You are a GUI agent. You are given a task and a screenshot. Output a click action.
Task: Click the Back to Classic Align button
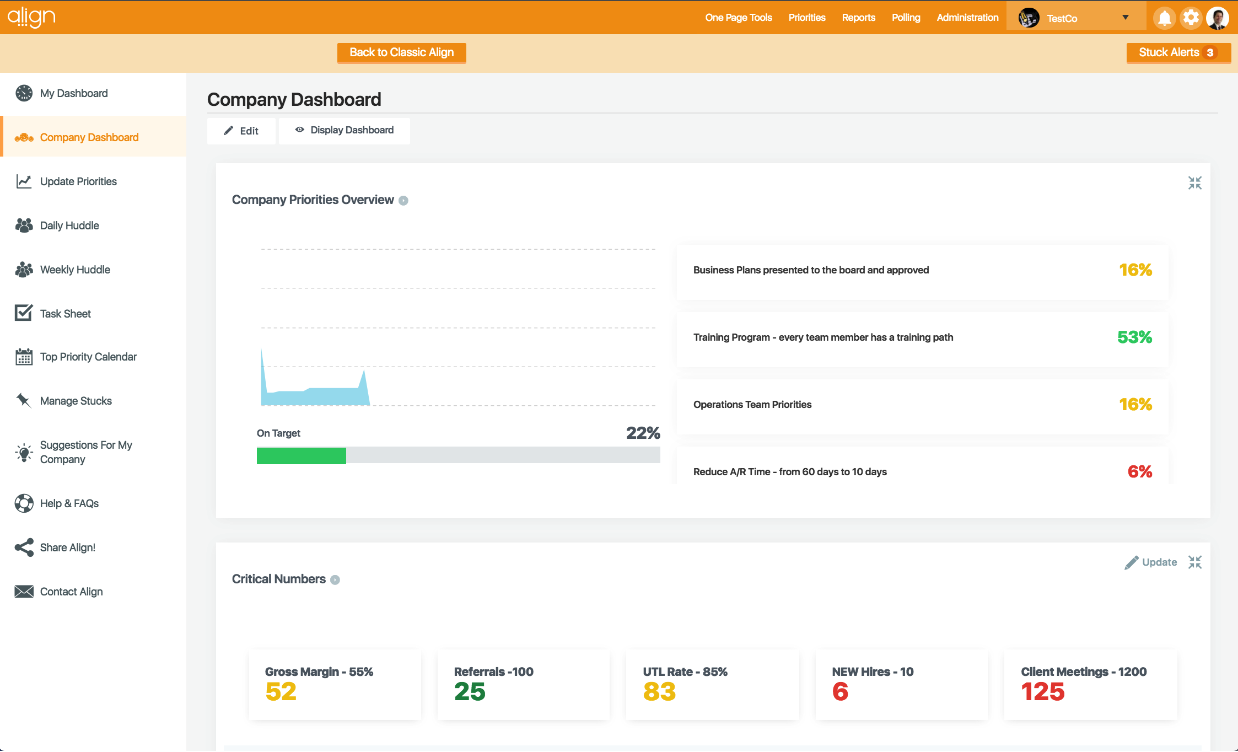[x=401, y=52]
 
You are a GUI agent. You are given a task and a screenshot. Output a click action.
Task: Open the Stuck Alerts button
[x=1177, y=52]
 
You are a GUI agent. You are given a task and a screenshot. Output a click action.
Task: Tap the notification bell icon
[x=1164, y=18]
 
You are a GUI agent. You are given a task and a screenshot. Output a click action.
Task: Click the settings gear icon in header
[x=1191, y=18]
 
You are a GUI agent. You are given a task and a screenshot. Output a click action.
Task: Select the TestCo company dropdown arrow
[x=1126, y=18]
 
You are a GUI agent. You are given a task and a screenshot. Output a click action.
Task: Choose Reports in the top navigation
[x=858, y=18]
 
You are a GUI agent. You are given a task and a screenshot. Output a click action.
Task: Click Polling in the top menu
[x=906, y=18]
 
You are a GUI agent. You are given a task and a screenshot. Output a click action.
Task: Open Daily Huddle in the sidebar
[x=69, y=225]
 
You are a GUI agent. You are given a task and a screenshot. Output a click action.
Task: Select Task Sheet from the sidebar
[x=65, y=314]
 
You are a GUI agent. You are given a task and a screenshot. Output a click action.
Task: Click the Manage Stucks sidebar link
[x=76, y=401]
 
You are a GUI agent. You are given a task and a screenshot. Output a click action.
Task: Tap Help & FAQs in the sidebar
[x=69, y=503]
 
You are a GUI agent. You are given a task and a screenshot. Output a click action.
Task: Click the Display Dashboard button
[x=345, y=130]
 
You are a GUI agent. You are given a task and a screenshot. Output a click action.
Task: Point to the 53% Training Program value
[x=1134, y=337]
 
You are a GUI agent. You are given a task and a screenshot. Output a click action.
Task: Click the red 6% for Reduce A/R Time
[x=1139, y=471]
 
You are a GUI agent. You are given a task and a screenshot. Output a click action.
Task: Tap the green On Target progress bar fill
[x=301, y=455]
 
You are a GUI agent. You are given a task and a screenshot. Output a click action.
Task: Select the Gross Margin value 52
[x=281, y=691]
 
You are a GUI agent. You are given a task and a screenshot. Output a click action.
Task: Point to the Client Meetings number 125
[x=1042, y=691]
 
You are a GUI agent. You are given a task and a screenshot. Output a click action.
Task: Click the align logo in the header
[x=31, y=17]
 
